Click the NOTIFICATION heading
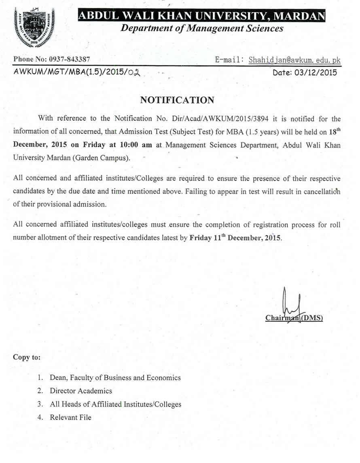[177, 100]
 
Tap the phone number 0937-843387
[69, 59]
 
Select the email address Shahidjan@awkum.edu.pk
[294, 60]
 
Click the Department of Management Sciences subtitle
[202, 28]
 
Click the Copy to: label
[27, 357]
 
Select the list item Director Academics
[81, 391]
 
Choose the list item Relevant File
[71, 417]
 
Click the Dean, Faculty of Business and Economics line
[115, 378]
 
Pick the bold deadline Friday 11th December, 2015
[235, 238]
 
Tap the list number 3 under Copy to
[40, 404]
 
